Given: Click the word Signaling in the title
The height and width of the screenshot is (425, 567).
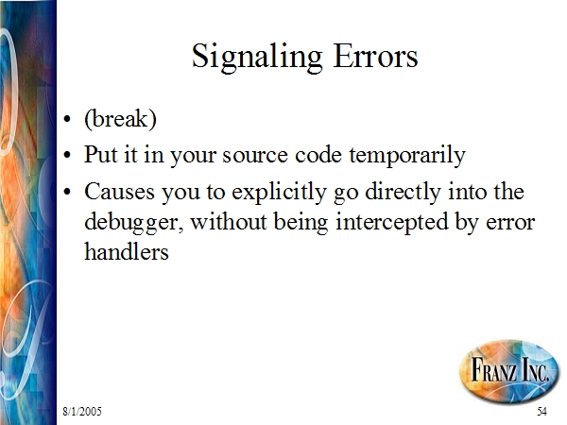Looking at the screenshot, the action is pyautogui.click(x=257, y=58).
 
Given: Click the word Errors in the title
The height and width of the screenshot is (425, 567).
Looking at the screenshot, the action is pyautogui.click(x=375, y=56).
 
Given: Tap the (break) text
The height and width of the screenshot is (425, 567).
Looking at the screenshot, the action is pyautogui.click(x=120, y=119).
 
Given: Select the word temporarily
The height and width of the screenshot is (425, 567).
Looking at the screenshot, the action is pyautogui.click(x=407, y=156).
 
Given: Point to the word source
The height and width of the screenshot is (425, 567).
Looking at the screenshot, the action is pyautogui.click(x=255, y=157).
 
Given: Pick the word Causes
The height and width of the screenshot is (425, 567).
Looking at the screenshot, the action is pyautogui.click(x=120, y=191).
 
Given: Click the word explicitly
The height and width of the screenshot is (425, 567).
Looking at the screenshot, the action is pyautogui.click(x=279, y=193).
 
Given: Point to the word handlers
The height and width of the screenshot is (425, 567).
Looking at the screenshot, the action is pyautogui.click(x=127, y=251).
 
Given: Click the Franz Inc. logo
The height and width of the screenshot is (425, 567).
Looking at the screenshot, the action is pyautogui.click(x=508, y=370).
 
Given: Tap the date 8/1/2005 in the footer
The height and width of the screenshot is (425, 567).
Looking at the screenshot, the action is pyautogui.click(x=82, y=411).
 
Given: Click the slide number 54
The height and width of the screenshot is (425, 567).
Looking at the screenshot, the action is pyautogui.click(x=541, y=411).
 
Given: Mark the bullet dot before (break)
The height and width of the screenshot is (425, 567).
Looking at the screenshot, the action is pyautogui.click(x=67, y=119).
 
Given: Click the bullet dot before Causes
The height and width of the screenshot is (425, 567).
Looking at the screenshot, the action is pyautogui.click(x=67, y=192).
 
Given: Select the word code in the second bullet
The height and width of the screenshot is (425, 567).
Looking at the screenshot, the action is pyautogui.click(x=318, y=155).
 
